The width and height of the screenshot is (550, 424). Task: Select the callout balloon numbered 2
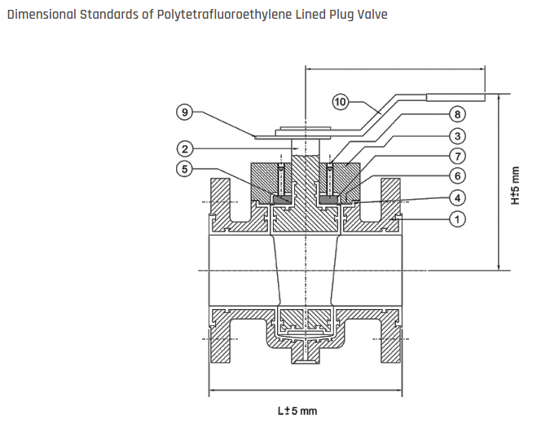[187, 148]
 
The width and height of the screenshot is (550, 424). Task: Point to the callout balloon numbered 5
[187, 169]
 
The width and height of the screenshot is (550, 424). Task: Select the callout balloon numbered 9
[187, 113]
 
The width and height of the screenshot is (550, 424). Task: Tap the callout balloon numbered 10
[341, 101]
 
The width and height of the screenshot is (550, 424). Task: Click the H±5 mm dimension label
[514, 187]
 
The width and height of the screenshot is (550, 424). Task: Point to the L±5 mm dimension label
[298, 410]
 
